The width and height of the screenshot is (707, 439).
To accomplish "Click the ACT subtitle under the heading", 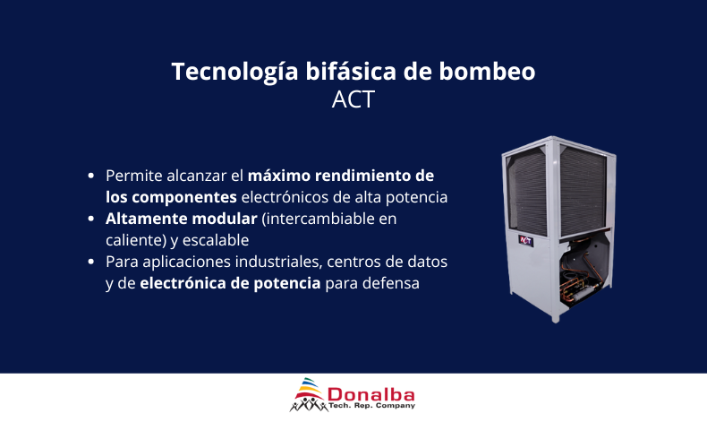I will click(353, 99).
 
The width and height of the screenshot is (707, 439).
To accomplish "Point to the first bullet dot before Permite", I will click(91, 175).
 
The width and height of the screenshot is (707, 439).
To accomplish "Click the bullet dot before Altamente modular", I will click(91, 219).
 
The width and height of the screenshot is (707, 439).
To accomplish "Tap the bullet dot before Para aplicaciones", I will click(91, 263).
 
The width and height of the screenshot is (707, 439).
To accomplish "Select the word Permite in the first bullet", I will click(132, 175).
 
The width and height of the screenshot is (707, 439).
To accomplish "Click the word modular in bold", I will click(222, 219).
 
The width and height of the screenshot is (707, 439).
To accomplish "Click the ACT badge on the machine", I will click(525, 240).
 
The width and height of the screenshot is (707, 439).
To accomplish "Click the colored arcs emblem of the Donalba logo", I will click(309, 387).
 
